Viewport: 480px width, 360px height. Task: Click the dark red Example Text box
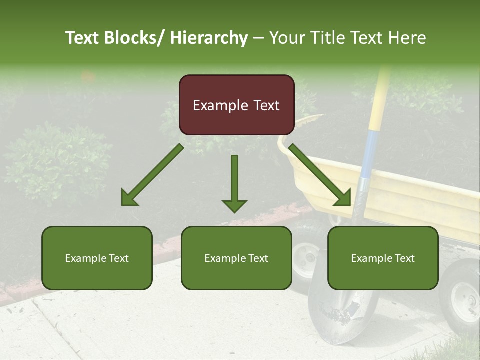click(x=236, y=105)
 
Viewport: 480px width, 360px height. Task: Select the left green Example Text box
click(x=97, y=258)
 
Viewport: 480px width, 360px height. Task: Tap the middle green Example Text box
click(x=236, y=258)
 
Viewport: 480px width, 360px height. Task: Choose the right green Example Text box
click(x=383, y=258)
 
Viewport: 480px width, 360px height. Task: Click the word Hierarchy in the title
click(x=209, y=38)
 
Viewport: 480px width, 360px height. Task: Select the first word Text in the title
click(x=83, y=38)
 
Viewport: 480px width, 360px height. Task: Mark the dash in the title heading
click(x=258, y=38)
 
